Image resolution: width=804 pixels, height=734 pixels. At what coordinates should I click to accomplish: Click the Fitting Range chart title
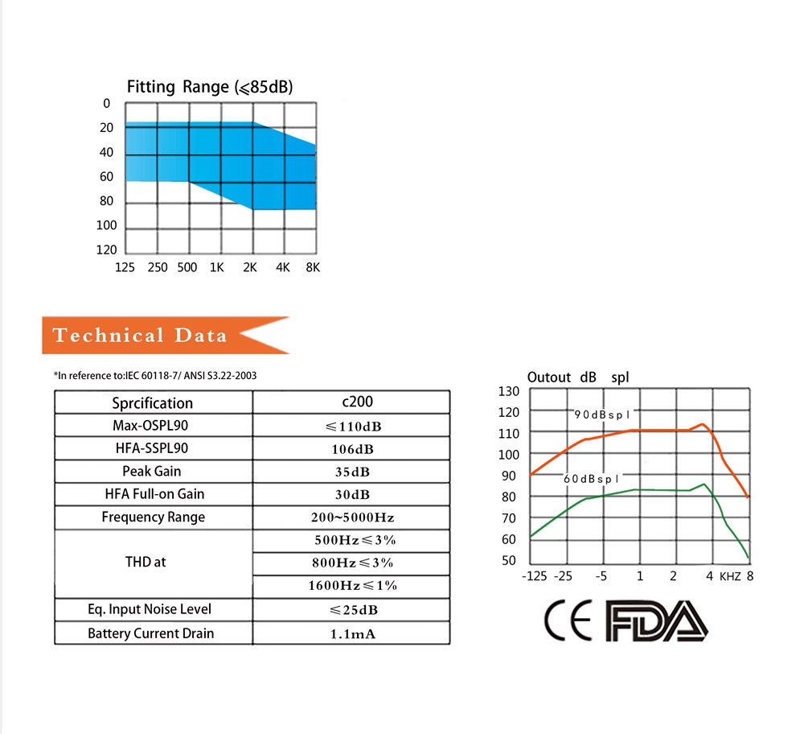(210, 87)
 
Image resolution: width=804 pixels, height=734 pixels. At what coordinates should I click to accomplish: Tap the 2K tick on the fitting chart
(250, 268)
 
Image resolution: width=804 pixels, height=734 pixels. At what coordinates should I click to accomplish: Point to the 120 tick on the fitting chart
(107, 249)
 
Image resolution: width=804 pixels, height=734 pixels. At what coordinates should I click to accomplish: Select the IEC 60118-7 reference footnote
(156, 376)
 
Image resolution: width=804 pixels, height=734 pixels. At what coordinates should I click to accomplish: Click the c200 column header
(351, 402)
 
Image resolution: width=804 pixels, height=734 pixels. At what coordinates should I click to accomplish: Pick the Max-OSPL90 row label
(152, 425)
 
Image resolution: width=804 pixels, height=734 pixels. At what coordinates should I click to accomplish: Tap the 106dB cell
(351, 448)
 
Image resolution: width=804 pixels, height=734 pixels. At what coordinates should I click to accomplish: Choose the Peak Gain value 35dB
(351, 472)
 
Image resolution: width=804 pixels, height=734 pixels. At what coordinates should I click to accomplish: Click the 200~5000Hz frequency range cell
(351, 518)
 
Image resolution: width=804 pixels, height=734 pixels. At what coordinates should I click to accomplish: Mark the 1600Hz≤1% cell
(351, 585)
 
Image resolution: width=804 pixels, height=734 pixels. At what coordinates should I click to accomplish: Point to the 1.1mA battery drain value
(351, 634)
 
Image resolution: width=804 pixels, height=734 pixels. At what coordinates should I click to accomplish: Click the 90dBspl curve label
(602, 414)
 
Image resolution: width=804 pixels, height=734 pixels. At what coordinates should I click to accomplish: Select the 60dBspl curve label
(591, 479)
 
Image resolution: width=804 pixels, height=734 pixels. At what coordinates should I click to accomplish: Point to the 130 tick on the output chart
(510, 391)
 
